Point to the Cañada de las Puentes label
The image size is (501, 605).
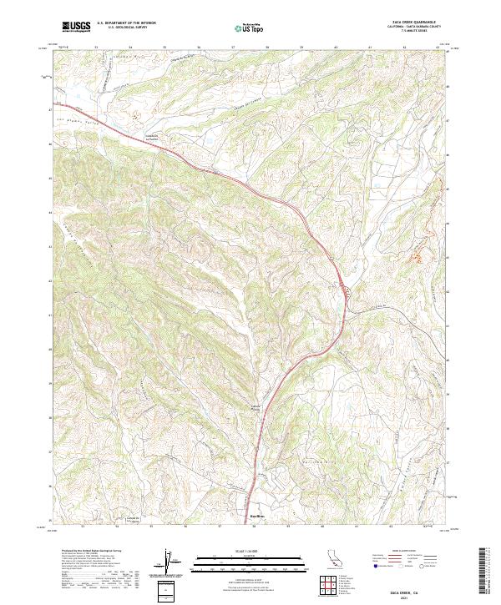pyautogui.click(x=153, y=138)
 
